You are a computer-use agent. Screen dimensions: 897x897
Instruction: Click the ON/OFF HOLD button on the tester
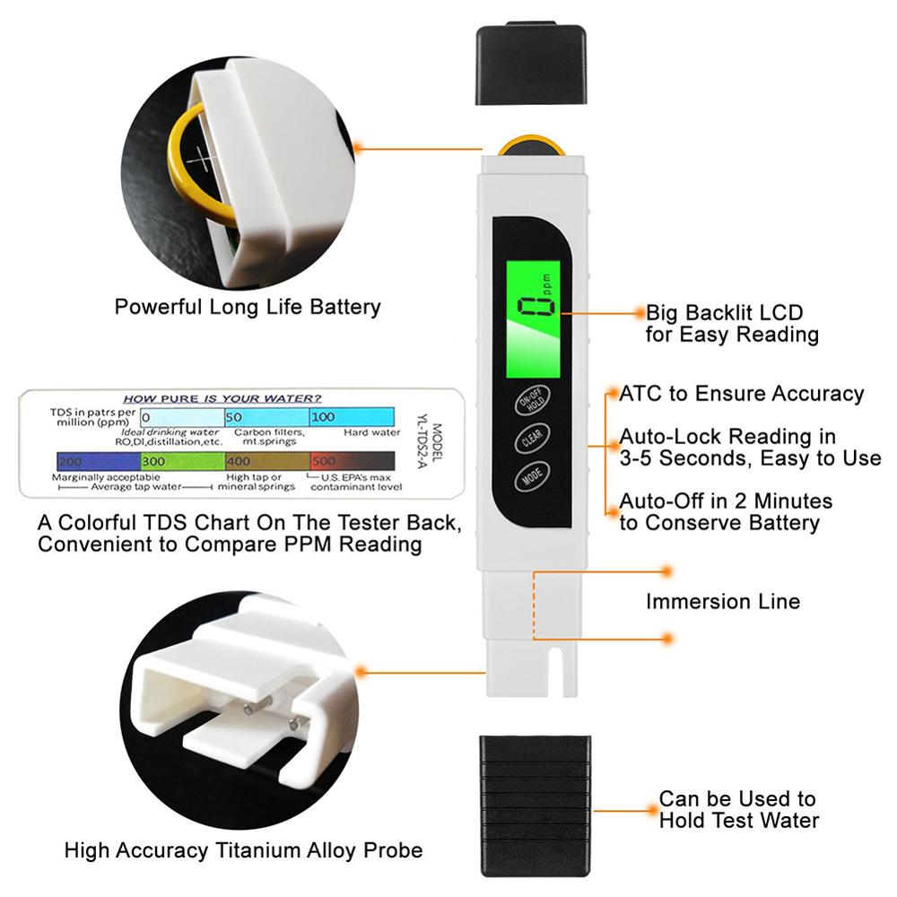[x=531, y=400]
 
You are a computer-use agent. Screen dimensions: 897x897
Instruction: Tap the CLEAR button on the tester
[x=531, y=438]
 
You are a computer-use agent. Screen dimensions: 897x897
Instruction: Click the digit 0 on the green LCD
[x=536, y=306]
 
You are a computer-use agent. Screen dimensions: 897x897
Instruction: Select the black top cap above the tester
[x=531, y=63]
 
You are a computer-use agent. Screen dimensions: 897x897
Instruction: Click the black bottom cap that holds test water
[x=536, y=806]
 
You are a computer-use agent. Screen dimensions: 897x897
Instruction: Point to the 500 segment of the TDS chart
[x=353, y=461]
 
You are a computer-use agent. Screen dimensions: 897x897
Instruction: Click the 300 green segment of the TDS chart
[x=182, y=461]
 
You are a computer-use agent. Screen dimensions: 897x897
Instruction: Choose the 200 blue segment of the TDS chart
[x=99, y=461]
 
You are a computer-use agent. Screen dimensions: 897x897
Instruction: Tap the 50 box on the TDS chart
[x=266, y=417]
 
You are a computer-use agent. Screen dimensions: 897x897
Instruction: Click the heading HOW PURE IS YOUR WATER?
[x=222, y=399]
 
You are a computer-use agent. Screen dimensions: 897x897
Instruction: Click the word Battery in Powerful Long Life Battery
[x=345, y=307]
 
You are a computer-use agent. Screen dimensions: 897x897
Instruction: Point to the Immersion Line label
[x=722, y=601]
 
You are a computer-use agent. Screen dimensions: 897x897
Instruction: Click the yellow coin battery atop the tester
[x=531, y=146]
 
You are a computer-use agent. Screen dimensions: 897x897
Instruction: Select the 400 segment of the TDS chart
[x=267, y=461]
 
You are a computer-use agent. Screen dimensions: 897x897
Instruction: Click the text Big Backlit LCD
[x=724, y=313]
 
